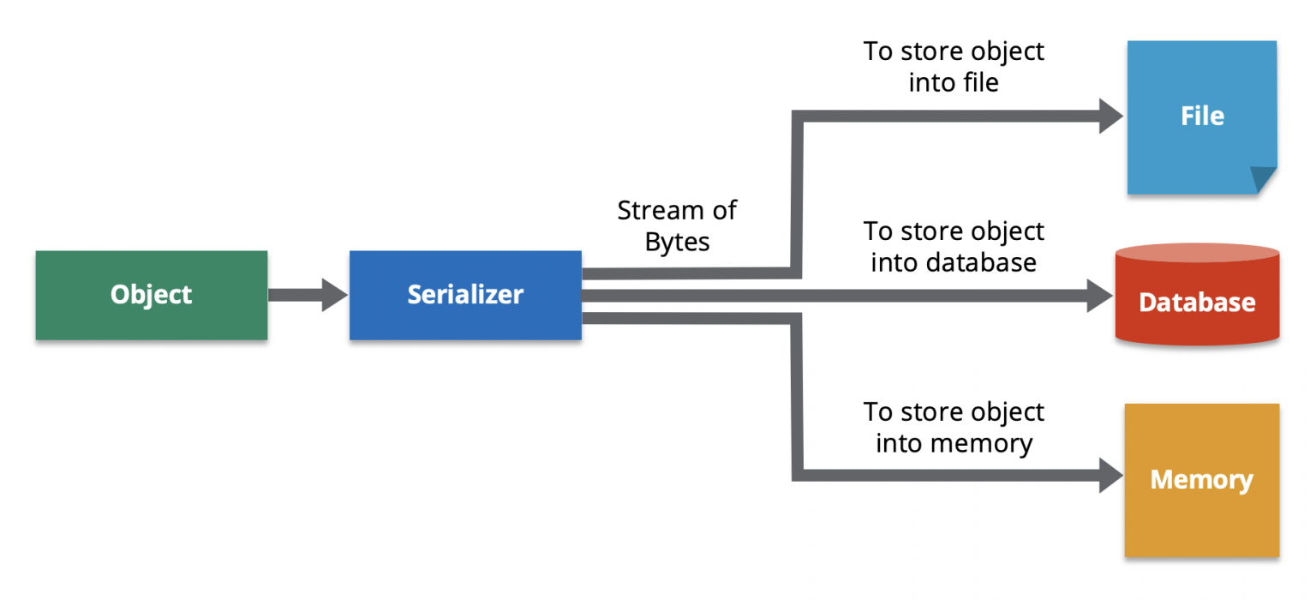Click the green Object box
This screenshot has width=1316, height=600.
[x=151, y=295]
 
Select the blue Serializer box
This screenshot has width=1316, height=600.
[x=465, y=295]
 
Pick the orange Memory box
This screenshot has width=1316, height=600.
[x=1201, y=480]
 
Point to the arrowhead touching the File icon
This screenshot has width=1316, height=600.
[x=1110, y=116]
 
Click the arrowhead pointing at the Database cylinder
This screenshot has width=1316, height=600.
[x=1099, y=296]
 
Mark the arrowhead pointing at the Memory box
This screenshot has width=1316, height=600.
[x=1110, y=474]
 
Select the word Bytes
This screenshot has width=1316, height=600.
[x=677, y=242]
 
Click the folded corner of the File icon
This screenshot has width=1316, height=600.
[x=1263, y=180]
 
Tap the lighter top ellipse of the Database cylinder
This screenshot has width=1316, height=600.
[x=1197, y=253]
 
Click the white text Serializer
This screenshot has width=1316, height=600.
[x=465, y=295]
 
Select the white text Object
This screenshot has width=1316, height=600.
[x=151, y=295]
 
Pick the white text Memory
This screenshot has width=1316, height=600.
[x=1201, y=480]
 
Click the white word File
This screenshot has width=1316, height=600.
[x=1201, y=117]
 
